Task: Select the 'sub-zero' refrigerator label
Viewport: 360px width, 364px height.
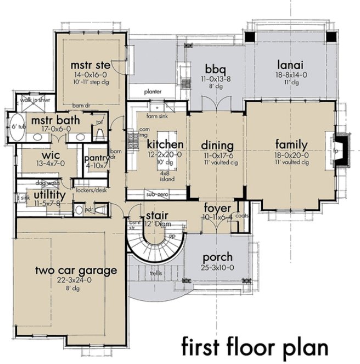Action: pyautogui.click(x=156, y=195)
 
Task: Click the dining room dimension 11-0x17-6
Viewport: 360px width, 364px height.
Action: pyautogui.click(x=218, y=155)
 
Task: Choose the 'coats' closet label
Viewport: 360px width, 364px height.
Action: pyautogui.click(x=242, y=215)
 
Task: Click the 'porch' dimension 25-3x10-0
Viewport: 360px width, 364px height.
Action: pyautogui.click(x=217, y=267)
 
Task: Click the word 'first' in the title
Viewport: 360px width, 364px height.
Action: pyautogui.click(x=205, y=347)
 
